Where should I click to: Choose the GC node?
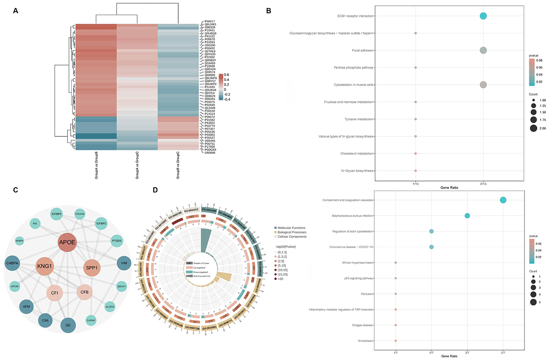68,325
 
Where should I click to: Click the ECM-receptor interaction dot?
483,16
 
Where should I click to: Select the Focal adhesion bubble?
483,50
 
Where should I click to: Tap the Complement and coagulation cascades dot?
503,200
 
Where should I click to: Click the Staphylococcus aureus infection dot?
467,215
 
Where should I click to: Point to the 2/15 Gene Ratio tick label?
483,184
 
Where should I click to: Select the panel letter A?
16,11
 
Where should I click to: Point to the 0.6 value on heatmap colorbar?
227,75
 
